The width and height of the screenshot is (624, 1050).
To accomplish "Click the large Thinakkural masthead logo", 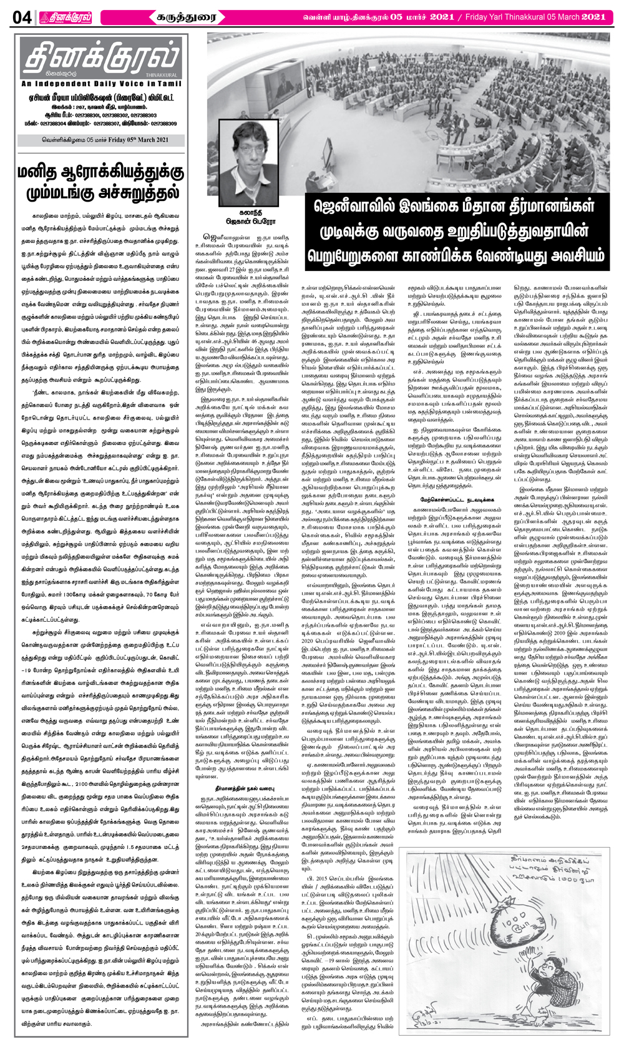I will click(x=100, y=59).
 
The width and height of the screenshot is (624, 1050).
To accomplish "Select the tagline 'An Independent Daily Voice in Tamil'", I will click(x=100, y=84).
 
